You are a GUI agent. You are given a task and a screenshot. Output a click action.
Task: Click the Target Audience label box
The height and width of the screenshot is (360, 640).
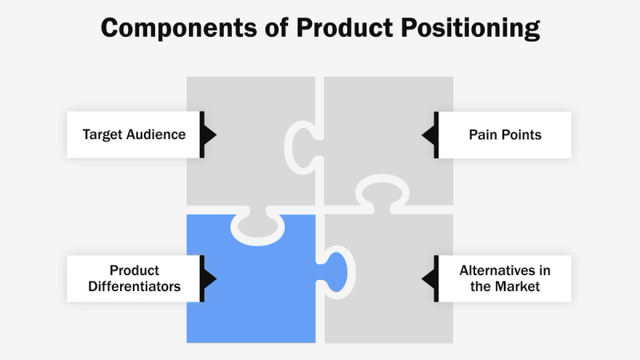[x=134, y=134]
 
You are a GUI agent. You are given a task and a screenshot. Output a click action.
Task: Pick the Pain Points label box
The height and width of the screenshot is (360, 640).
[x=505, y=134]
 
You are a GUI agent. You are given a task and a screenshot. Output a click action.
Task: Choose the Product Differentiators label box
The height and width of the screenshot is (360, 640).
[x=134, y=278]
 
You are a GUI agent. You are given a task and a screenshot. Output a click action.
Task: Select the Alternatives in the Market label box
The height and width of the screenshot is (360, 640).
[x=505, y=278]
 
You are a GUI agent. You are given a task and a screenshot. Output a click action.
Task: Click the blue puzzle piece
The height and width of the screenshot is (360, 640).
[x=248, y=288]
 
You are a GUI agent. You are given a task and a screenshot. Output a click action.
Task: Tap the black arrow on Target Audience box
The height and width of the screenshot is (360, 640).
[x=208, y=134]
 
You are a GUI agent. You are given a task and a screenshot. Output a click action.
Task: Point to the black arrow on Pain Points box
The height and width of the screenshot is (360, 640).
[x=430, y=134]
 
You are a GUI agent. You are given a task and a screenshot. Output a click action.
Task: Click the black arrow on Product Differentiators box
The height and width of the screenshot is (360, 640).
[x=208, y=278]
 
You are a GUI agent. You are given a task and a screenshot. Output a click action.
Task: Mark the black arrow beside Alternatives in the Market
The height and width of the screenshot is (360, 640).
[x=430, y=278]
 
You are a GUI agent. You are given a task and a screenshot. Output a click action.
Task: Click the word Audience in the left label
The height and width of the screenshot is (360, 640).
[x=160, y=134]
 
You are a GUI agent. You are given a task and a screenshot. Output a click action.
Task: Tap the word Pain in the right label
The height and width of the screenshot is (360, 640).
[x=482, y=134]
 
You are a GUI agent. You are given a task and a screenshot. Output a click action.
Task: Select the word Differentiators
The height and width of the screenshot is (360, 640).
[x=134, y=286]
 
